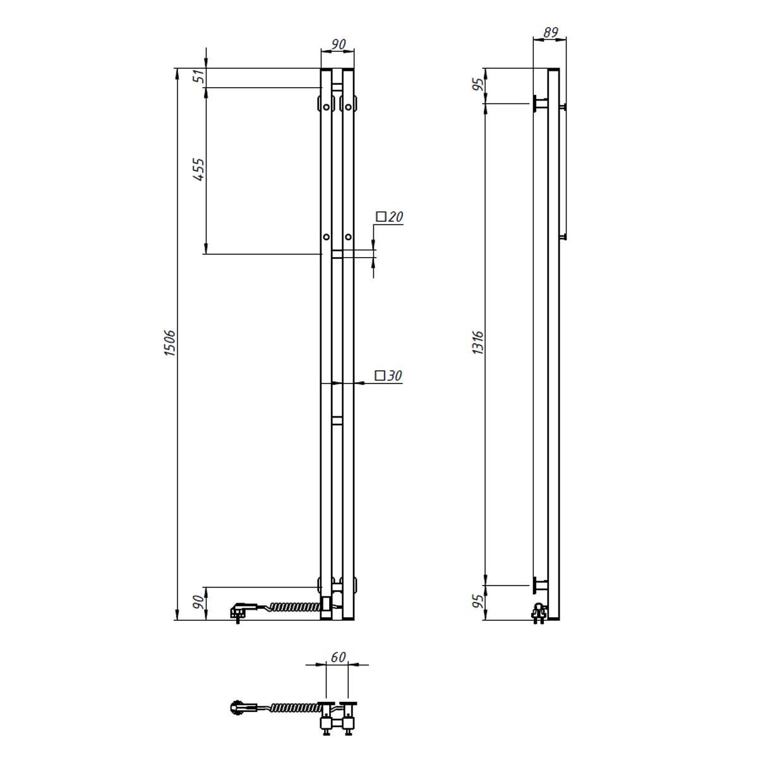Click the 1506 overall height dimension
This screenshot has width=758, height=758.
(169, 344)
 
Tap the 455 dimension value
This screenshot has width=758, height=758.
(199, 169)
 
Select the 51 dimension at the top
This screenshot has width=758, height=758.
(200, 76)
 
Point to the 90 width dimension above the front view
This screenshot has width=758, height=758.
(338, 44)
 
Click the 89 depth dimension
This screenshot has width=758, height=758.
(550, 32)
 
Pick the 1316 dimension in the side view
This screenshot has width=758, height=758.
(478, 343)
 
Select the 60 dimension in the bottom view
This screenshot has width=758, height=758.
(338, 657)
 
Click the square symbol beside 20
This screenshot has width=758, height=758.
(381, 217)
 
